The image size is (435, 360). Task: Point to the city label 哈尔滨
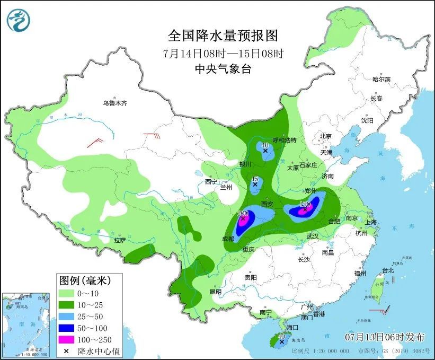[x=380, y=79]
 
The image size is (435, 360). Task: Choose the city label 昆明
[x=215, y=292]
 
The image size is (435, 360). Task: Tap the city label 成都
[x=228, y=239]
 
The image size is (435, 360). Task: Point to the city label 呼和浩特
[x=284, y=140]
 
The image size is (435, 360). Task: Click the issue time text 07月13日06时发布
[x=384, y=337]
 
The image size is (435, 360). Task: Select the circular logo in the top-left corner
[x=19, y=20]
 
